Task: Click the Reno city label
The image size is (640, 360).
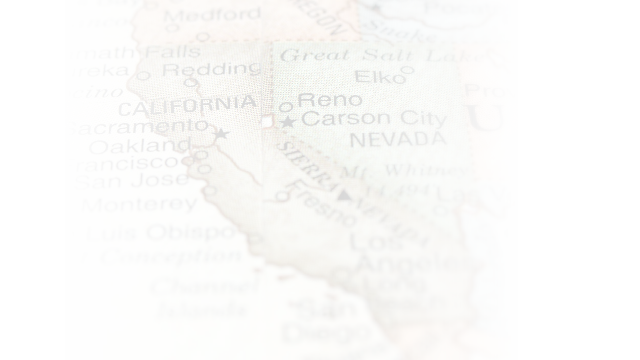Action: pos(329,100)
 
